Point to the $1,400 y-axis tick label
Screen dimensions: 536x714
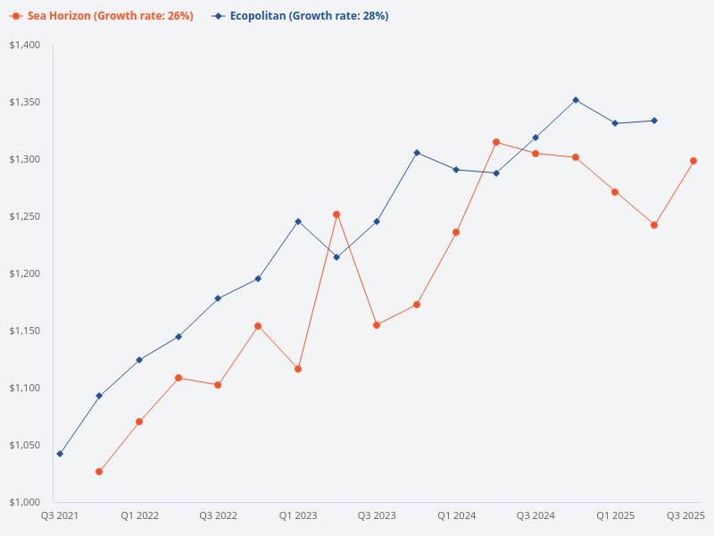tap(25, 46)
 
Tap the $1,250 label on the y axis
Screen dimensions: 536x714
tap(25, 217)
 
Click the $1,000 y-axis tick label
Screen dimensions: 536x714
tap(25, 502)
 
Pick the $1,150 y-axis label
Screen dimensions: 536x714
tap(25, 331)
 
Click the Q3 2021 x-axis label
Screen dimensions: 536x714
tap(60, 515)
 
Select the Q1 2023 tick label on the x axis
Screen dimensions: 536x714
tap(298, 515)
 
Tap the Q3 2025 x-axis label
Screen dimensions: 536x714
tap(686, 515)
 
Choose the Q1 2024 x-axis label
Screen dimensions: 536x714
tap(456, 515)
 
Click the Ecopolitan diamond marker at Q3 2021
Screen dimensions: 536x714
tap(60, 454)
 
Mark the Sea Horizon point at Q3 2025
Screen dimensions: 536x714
tap(693, 161)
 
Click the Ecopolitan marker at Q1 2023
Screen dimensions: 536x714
tap(298, 221)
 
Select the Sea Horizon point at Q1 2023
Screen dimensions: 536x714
tap(298, 369)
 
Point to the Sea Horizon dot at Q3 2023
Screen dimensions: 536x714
tap(377, 325)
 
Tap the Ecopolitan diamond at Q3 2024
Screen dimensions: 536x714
tap(535, 138)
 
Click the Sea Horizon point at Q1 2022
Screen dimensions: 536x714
tap(139, 422)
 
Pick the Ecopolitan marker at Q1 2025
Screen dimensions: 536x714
tap(615, 123)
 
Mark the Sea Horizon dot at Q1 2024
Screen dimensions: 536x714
tap(456, 232)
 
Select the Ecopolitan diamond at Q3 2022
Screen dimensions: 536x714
tap(218, 298)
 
